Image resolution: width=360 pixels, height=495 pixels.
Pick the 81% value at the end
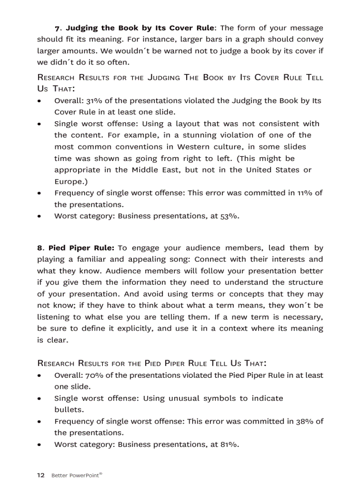(229, 444)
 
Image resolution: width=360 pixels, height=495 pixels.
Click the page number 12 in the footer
(41, 475)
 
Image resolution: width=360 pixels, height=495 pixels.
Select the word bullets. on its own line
(69, 409)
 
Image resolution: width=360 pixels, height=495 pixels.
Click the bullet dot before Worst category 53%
(40, 216)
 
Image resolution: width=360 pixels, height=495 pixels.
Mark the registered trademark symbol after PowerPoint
(101, 473)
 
